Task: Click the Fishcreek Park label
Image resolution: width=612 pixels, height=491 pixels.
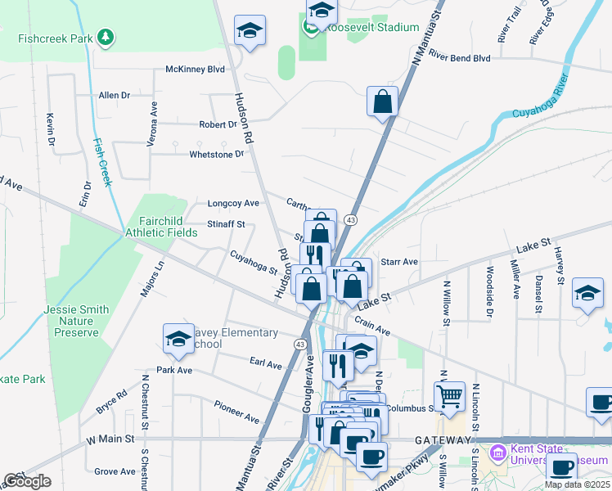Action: [55, 38]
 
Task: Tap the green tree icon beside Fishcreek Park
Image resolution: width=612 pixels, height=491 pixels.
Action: [105, 37]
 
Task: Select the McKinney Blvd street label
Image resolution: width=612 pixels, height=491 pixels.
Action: [195, 70]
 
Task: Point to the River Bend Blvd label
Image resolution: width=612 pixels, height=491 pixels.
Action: [459, 58]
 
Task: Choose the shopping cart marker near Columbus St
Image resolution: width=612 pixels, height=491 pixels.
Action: [449, 397]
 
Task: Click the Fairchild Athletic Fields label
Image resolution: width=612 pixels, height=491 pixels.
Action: [161, 227]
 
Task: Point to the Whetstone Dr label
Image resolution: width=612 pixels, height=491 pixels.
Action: [217, 154]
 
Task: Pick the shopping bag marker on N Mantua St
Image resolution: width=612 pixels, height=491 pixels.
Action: [382, 102]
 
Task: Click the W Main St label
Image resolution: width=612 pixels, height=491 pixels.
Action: [110, 439]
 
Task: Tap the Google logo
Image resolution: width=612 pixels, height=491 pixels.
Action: [27, 481]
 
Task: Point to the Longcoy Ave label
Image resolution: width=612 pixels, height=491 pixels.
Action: [233, 203]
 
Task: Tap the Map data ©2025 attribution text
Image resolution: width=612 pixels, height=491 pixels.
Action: [577, 484]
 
